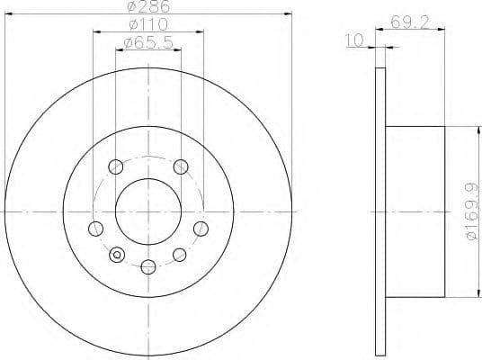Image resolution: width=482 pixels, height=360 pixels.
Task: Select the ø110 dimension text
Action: click(147, 24)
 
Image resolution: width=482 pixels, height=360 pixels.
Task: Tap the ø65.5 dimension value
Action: click(147, 42)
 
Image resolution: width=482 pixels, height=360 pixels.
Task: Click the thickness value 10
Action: click(353, 40)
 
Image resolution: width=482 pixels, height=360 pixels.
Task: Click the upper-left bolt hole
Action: click(115, 166)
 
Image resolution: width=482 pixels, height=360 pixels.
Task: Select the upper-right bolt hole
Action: click(181, 166)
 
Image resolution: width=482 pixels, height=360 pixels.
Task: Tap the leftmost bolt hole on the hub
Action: click(94, 229)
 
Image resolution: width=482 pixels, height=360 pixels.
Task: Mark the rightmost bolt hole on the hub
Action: click(201, 229)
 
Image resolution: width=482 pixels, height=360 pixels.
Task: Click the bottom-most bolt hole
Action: click(147, 265)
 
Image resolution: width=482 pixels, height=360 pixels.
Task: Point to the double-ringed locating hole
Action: click(115, 255)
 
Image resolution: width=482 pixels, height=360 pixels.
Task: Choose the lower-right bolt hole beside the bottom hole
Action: click(180, 255)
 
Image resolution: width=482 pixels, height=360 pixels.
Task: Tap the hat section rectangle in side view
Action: click(415, 212)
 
